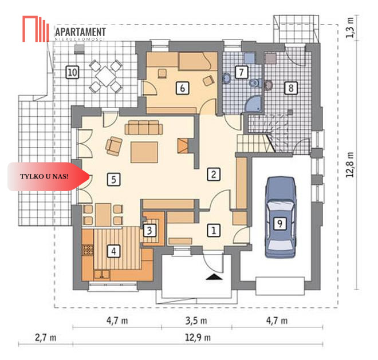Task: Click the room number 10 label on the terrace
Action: tap(72, 72)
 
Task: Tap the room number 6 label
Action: tap(183, 88)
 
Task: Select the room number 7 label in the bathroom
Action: tap(242, 72)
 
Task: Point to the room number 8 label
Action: tap(291, 88)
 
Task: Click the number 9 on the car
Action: tap(280, 224)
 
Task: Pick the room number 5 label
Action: tap(114, 180)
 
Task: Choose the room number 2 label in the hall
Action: tap(214, 174)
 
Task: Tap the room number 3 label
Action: tap(149, 231)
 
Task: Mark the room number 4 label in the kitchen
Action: tap(114, 251)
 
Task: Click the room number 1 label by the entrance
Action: tap(214, 231)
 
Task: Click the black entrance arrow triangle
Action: tap(214, 277)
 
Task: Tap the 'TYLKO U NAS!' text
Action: tap(44, 176)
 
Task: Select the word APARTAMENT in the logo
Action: tap(80, 32)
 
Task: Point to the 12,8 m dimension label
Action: tap(350, 165)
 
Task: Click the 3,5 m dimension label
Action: tap(196, 321)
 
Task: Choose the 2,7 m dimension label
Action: tap(46, 338)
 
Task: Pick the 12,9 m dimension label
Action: tap(198, 338)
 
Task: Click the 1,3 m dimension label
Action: tap(350, 27)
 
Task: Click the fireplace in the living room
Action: tap(183, 146)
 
